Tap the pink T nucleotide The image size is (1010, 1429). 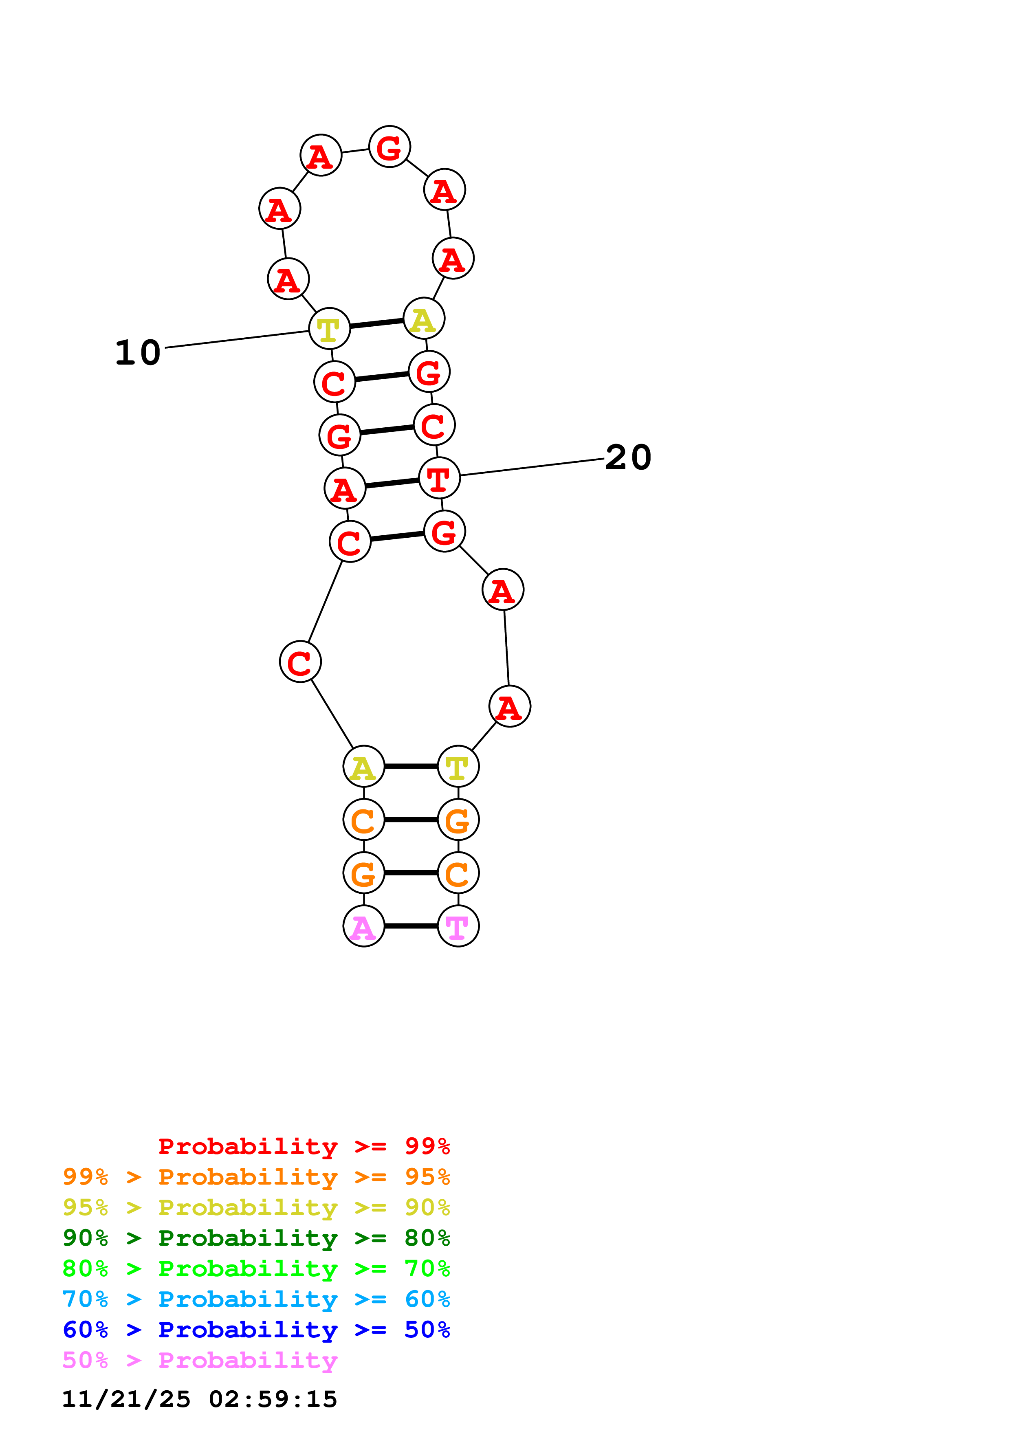pos(458,926)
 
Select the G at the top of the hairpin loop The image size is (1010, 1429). pos(389,147)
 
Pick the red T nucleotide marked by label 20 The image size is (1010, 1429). pos(439,478)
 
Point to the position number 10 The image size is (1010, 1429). pos(138,352)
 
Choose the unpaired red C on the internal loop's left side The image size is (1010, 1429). pos(300,662)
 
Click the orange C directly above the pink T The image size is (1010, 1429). pos(458,873)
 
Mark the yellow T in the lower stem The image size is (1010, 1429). pos(458,766)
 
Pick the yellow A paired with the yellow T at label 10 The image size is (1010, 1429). pos(424,319)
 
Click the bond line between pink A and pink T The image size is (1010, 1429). pos(411,926)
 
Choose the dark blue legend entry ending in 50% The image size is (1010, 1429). pos(256,1330)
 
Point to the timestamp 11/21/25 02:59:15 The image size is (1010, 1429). pos(199,1399)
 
